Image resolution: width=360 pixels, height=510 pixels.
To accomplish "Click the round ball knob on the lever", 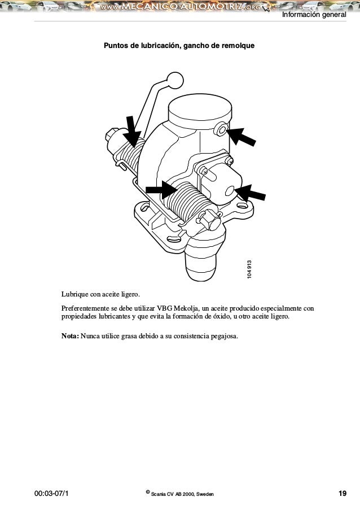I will click(175, 81).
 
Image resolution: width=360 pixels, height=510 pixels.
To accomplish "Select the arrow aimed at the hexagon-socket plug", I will click(242, 137).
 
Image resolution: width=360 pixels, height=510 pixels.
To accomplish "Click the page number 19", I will click(343, 494).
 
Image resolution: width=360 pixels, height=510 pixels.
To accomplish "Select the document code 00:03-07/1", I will click(52, 494).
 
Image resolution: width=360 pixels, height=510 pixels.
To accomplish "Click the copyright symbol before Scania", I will click(148, 492).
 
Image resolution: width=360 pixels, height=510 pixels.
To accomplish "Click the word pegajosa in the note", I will click(222, 337).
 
